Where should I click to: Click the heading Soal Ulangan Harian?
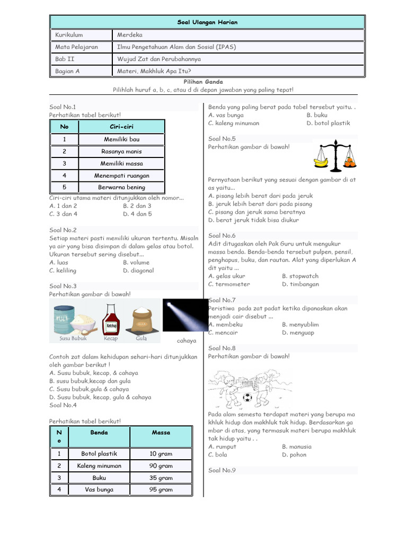pyautogui.click(x=207, y=22)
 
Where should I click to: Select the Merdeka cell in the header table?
pyautogui.click(x=131, y=35)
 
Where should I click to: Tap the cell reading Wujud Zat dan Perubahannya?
pyautogui.click(x=158, y=59)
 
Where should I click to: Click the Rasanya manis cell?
pyautogui.click(x=121, y=151)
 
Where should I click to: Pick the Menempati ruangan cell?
pyautogui.click(x=121, y=176)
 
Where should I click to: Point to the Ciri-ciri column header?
pyautogui.click(x=121, y=127)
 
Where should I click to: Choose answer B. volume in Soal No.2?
pyautogui.click(x=136, y=262)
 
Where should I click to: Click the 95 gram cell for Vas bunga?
pyautogui.click(x=161, y=489)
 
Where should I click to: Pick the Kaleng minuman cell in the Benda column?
pyautogui.click(x=99, y=466)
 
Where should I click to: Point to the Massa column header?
pyautogui.click(x=161, y=433)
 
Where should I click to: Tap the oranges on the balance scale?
pyautogui.click(x=350, y=161)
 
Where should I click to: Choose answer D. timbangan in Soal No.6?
pyautogui.click(x=300, y=284)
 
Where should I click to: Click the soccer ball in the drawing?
pyautogui.click(x=247, y=397)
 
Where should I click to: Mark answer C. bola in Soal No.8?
pyautogui.click(x=218, y=454)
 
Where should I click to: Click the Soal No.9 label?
pyautogui.click(x=222, y=470)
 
